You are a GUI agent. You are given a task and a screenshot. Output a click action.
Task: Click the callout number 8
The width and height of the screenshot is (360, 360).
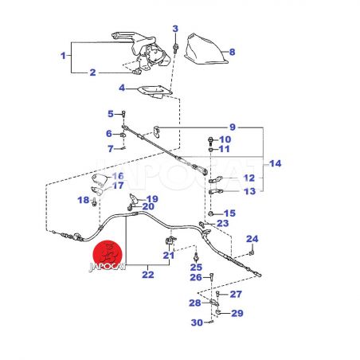point(232,52)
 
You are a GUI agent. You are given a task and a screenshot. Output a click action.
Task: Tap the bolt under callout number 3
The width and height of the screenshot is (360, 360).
point(175,49)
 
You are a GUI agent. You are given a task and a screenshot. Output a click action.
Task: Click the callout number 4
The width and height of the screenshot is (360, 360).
point(122,88)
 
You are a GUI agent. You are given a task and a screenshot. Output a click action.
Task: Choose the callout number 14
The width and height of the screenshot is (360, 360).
point(275,163)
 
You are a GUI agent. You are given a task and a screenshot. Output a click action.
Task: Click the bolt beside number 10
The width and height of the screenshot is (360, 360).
point(211,140)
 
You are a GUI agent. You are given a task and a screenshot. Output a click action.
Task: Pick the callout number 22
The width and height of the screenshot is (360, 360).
point(148,275)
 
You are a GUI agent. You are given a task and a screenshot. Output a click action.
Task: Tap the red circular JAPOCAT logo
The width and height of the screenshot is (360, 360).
point(108,255)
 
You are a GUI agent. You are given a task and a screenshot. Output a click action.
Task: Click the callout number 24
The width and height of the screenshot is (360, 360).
point(252,239)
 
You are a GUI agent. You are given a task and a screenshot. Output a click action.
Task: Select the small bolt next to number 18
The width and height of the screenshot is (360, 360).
point(94,202)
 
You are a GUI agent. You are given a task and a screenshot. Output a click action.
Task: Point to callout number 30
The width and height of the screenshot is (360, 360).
point(197,323)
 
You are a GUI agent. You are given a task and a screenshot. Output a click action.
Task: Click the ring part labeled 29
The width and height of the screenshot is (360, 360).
point(217,312)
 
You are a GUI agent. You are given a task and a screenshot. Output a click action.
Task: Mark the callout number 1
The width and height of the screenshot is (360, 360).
point(63,56)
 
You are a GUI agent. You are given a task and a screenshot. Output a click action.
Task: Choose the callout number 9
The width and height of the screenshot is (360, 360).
point(233,127)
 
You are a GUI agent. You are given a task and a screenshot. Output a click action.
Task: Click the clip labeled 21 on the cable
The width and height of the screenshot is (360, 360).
point(170,240)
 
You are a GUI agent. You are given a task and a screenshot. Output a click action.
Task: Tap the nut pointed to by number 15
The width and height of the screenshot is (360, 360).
point(210,213)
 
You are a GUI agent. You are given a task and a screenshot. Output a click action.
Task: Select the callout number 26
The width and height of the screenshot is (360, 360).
point(196,277)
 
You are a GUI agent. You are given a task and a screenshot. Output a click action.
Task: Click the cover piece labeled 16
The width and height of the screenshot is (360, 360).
point(100,178)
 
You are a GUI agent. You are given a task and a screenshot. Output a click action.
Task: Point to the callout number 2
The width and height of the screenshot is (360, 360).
point(92,72)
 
